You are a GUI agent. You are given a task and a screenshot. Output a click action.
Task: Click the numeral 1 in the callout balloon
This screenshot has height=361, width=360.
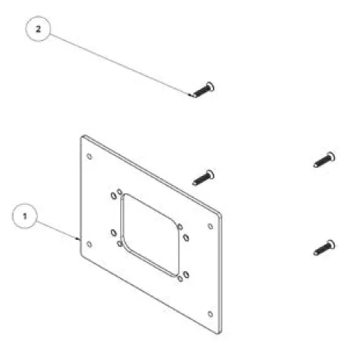click(24, 216)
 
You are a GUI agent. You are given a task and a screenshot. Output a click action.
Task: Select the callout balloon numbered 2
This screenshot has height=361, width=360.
click(38, 29)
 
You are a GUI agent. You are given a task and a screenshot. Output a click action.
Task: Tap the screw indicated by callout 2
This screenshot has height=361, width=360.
click(202, 90)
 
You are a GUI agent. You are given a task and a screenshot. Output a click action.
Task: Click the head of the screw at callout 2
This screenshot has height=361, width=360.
click(210, 87)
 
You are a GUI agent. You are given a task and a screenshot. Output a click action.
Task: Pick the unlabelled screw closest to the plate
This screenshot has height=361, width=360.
click(203, 177)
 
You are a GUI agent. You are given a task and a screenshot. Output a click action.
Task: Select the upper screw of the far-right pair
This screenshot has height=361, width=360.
click(324, 159)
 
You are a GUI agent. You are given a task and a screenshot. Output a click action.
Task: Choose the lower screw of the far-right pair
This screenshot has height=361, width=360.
click(324, 248)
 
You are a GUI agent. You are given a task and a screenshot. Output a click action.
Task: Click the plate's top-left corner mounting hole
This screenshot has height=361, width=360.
click(89, 156)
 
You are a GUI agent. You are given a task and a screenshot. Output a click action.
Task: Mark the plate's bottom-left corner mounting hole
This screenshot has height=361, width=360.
click(89, 244)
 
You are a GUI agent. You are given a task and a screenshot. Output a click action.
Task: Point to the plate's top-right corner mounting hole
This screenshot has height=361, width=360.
click(210, 226)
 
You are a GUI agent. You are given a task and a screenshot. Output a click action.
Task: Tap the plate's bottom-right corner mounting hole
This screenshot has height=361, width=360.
click(210, 314)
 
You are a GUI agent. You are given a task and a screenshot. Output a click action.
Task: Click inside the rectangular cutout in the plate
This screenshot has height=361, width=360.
click(150, 235)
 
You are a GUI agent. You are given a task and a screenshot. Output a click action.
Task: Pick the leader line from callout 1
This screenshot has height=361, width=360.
click(58, 230)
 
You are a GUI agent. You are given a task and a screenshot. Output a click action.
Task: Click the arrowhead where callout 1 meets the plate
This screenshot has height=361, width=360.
click(78, 238)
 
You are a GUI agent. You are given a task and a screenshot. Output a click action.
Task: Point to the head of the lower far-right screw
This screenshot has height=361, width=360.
click(331, 244)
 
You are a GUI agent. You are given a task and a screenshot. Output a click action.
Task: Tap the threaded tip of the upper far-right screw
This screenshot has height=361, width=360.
click(315, 165)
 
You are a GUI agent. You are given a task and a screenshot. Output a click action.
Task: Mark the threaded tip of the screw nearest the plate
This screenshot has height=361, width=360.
click(194, 183)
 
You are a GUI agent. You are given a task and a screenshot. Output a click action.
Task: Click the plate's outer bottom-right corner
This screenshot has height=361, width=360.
click(220, 333)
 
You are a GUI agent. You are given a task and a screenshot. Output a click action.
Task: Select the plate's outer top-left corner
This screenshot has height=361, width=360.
click(82, 136)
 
